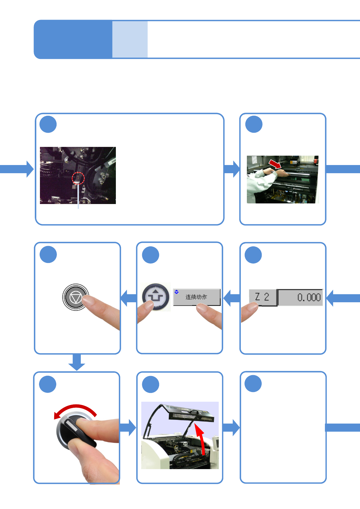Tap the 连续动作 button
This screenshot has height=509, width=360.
(197, 297)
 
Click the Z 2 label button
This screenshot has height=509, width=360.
(263, 297)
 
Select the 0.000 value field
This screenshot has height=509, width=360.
(300, 297)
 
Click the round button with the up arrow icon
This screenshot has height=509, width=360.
(156, 297)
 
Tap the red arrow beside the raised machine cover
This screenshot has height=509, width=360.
(200, 440)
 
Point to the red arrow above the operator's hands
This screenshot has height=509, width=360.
(275, 164)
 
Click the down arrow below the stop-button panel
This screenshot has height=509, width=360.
(77, 362)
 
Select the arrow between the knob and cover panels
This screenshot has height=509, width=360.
(128, 428)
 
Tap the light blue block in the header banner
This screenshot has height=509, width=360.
(130, 39)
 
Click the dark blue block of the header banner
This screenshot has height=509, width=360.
(73, 39)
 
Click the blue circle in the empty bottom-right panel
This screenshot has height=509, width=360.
(253, 384)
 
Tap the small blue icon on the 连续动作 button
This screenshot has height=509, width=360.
(176, 292)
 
